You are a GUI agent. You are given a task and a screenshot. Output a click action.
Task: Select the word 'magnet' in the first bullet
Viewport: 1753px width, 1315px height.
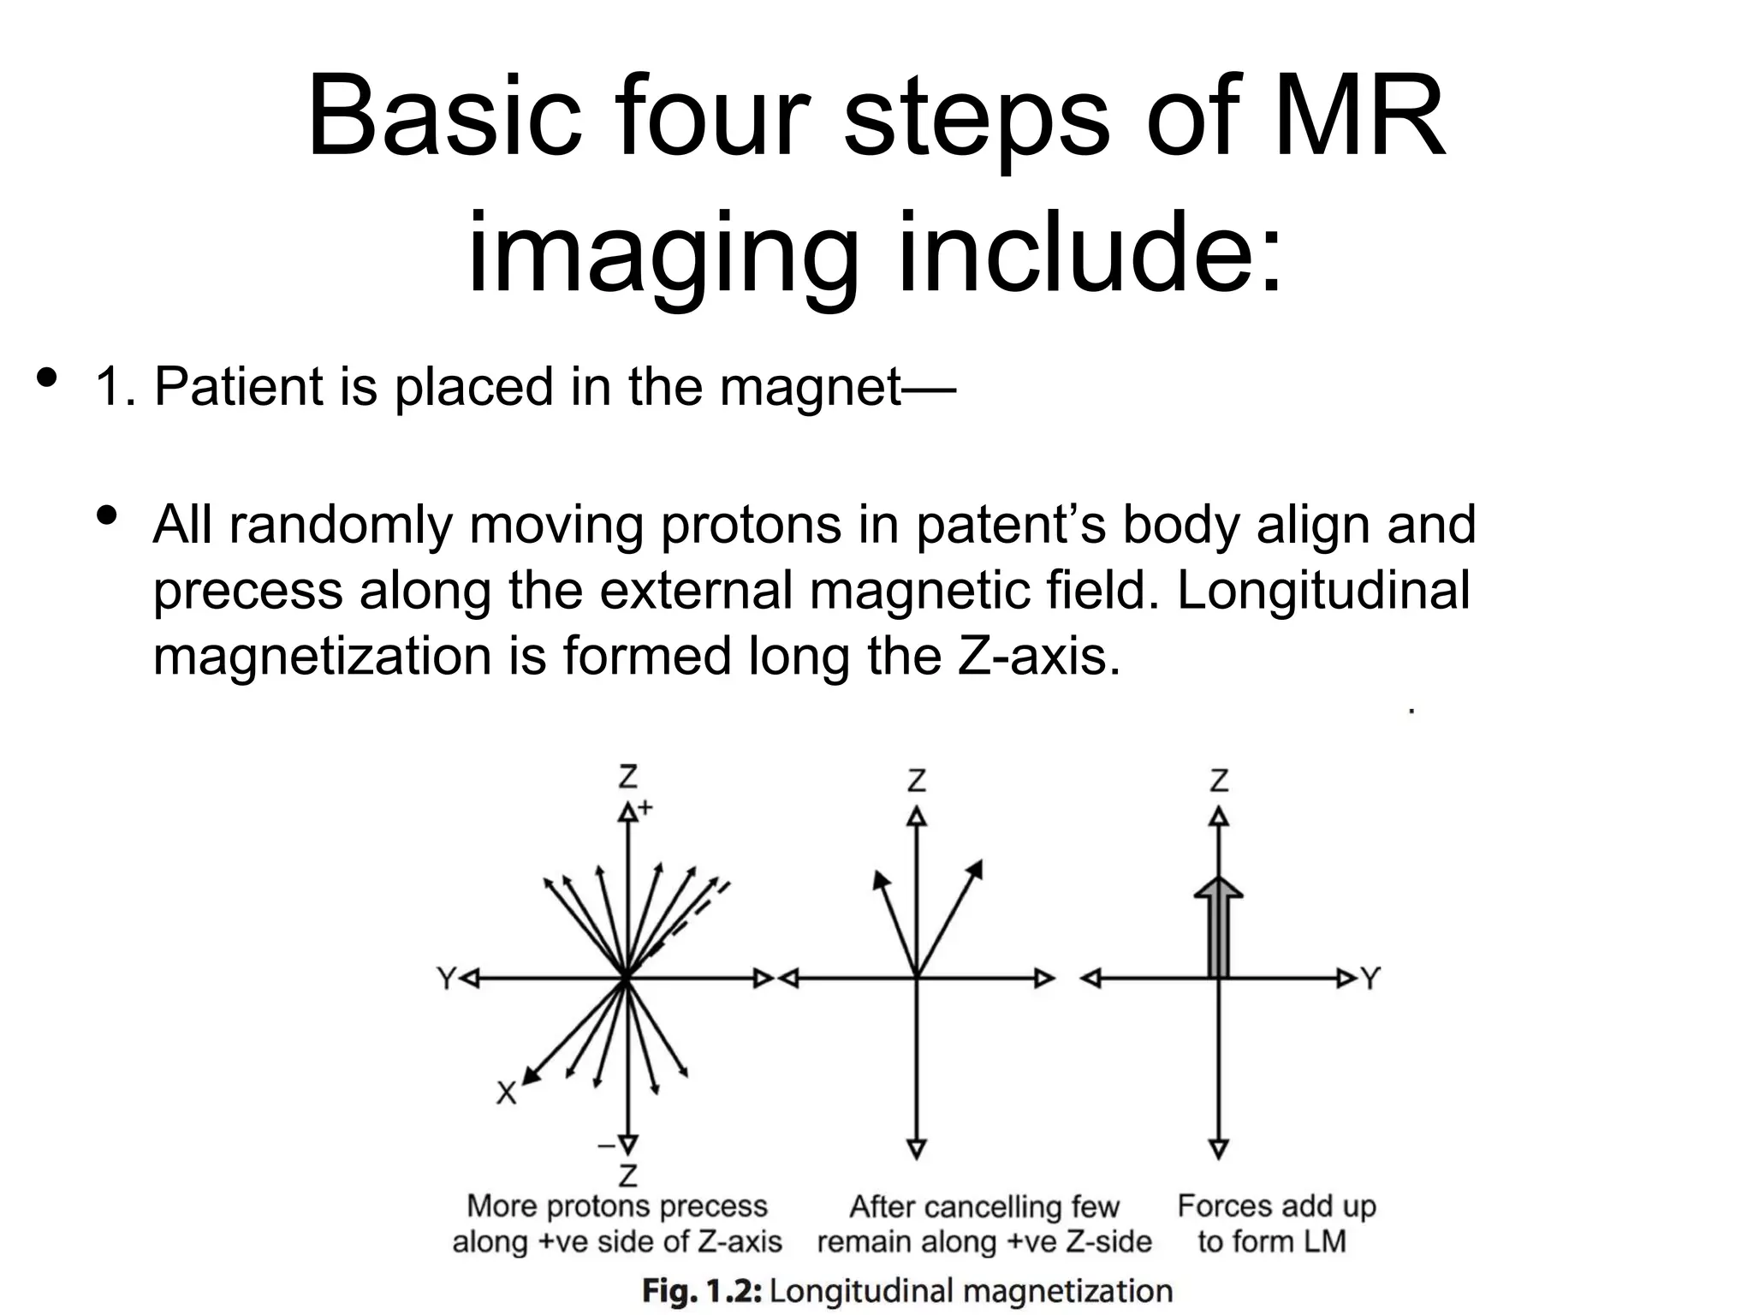[810, 386]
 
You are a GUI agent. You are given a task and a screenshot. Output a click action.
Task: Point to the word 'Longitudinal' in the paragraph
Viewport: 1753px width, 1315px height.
[1323, 590]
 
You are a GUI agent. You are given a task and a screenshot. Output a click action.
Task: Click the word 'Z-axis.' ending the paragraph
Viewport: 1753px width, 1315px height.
[1038, 657]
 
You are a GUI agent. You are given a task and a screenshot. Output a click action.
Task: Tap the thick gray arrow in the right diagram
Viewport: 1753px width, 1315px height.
[1218, 929]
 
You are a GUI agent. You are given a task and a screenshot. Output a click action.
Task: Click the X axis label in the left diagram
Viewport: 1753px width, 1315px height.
[507, 1093]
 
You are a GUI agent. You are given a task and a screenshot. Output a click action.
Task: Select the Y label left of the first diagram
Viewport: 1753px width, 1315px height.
[446, 978]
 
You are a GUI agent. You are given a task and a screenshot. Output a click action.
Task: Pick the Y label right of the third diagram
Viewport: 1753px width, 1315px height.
[1370, 978]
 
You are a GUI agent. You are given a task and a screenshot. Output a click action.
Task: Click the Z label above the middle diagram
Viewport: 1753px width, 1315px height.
[916, 781]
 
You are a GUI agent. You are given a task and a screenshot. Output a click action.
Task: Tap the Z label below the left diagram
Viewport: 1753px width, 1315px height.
[627, 1175]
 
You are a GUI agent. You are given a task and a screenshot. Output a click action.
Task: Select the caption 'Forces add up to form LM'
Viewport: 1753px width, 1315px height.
[1275, 1223]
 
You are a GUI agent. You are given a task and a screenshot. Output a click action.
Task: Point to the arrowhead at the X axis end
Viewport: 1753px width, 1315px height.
[532, 1077]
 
